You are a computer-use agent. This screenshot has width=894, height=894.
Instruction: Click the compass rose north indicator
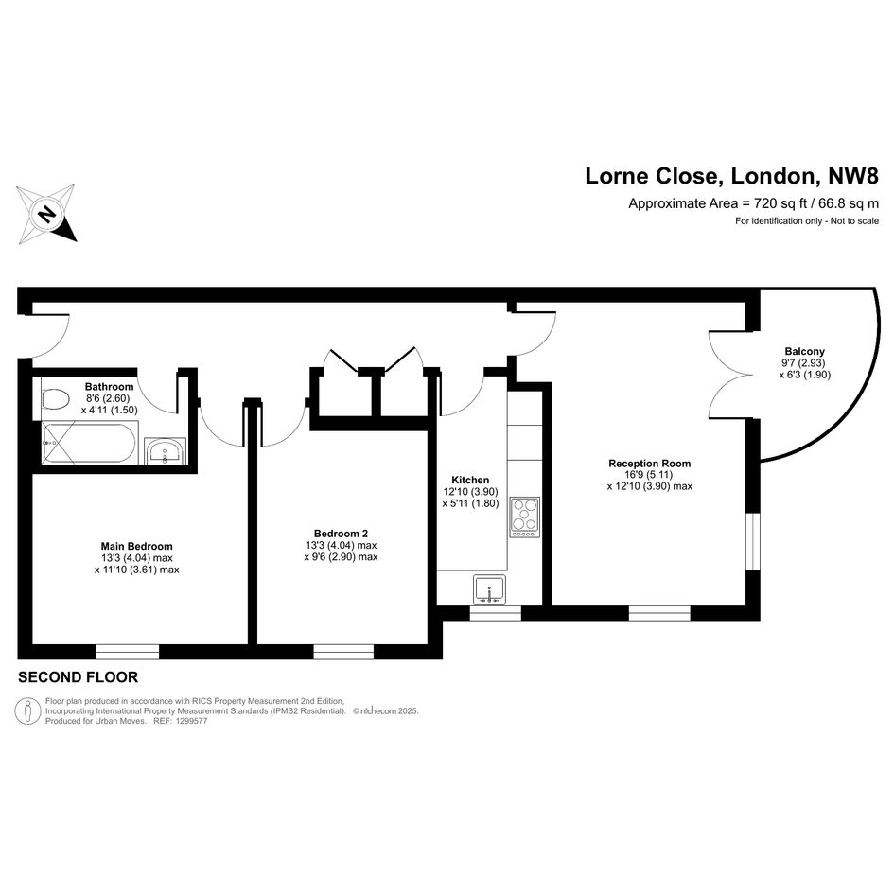coord(46,214)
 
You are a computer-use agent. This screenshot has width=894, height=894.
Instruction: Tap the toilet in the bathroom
coord(55,398)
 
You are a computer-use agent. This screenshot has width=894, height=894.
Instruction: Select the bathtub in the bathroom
coord(90,443)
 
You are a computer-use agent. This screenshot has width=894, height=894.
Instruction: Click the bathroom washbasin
coord(166,451)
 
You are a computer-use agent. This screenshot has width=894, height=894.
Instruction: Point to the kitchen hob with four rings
coord(524,517)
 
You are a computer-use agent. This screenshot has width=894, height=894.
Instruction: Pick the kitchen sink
coord(489,589)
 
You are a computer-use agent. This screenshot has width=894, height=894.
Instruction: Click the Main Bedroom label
coord(137,546)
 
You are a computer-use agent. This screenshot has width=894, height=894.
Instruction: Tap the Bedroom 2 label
coord(341,534)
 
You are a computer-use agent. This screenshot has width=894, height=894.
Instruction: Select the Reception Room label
coord(649,464)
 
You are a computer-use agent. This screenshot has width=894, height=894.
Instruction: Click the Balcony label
coord(804,352)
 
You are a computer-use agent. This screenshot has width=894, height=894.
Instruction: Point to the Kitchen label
coord(470,480)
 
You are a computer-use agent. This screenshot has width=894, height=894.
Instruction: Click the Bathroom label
coord(110,387)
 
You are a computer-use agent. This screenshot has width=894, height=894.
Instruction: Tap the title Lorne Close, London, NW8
coord(732,176)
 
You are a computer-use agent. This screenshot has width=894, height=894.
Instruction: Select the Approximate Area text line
coord(754,203)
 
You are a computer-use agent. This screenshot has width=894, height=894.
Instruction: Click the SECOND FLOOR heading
coord(79,677)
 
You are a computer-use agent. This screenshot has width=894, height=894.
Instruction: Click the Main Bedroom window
coord(127,652)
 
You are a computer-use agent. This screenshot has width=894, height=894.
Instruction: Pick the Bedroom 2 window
coord(343,652)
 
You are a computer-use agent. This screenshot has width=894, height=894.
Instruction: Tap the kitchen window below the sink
coord(496,613)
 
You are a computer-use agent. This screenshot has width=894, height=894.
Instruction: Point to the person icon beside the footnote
coord(27,711)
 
